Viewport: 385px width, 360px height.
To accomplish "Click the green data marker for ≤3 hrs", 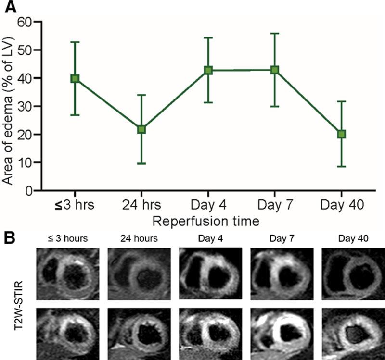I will (75, 78).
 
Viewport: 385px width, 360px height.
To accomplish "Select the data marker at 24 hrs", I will (141, 129).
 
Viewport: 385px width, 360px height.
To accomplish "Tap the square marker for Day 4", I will (208, 70).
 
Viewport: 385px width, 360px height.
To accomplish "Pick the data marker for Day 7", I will (274, 70).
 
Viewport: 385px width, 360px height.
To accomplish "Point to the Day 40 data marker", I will (341, 134).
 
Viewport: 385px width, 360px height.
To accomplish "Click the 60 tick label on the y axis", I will (24, 22).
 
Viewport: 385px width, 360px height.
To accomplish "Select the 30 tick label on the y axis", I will (24, 107).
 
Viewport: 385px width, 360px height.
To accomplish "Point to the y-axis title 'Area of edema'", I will (8, 106).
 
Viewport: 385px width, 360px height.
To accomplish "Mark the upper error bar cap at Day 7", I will (274, 34).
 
